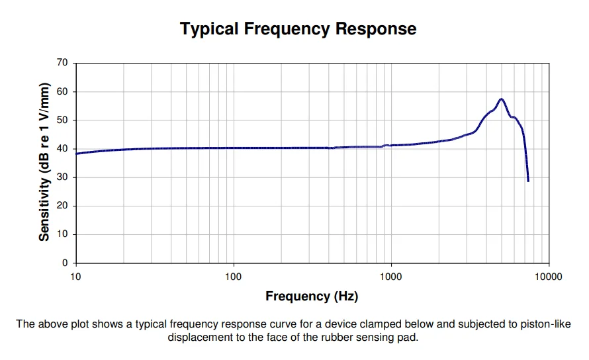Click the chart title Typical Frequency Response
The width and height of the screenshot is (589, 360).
point(298,29)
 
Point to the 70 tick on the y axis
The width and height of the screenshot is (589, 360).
point(62,63)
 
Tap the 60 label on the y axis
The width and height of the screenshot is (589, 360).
point(62,91)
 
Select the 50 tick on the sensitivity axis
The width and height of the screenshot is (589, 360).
point(62,120)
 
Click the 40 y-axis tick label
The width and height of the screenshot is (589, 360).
point(62,149)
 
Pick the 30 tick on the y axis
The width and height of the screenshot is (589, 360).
point(62,177)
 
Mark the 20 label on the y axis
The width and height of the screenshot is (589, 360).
point(62,206)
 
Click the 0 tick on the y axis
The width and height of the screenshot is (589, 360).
point(65,263)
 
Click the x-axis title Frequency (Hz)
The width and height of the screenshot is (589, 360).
point(312,296)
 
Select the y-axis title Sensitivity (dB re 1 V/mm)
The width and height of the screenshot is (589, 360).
point(44,162)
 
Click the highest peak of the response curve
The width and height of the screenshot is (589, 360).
point(502,99)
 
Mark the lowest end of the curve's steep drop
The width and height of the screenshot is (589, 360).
point(528,181)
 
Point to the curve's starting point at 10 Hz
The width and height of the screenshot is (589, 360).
point(76,154)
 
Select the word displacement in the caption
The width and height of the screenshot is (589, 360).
point(198,337)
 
